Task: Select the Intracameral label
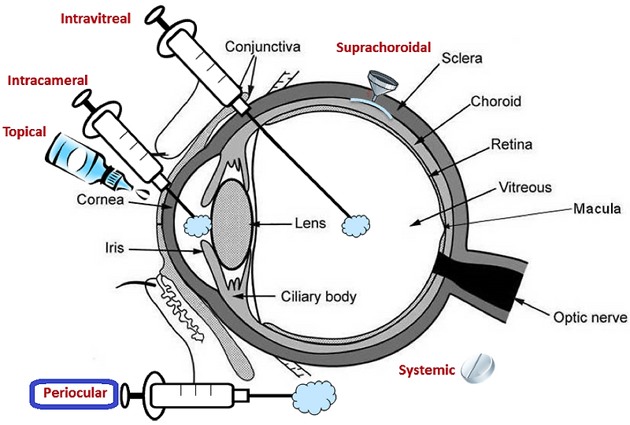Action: (x=46, y=80)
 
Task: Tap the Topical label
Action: (x=24, y=131)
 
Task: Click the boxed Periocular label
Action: (x=74, y=392)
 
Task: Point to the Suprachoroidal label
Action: (x=384, y=47)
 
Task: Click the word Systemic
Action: (x=426, y=370)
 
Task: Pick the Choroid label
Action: (x=495, y=102)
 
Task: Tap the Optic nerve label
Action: (x=590, y=318)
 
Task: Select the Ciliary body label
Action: (x=318, y=297)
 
